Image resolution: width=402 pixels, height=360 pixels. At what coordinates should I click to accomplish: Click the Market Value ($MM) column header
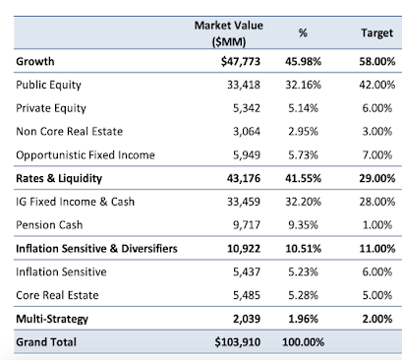click(x=229, y=33)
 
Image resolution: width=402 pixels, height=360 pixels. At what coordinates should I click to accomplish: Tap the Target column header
click(x=376, y=32)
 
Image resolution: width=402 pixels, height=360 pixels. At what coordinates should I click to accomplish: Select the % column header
click(x=303, y=32)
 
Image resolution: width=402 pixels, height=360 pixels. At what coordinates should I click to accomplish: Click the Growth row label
click(x=35, y=61)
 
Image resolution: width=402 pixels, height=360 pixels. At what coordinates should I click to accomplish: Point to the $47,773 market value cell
click(x=241, y=61)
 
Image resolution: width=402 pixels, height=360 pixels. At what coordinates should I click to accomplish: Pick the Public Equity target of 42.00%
click(x=377, y=85)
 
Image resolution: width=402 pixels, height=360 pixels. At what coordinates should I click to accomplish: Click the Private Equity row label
click(x=51, y=108)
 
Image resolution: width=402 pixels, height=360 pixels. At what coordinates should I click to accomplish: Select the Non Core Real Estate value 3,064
click(x=247, y=132)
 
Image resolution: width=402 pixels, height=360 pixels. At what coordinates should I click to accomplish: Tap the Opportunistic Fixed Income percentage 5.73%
click(x=303, y=155)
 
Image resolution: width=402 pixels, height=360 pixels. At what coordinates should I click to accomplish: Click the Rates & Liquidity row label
click(x=59, y=178)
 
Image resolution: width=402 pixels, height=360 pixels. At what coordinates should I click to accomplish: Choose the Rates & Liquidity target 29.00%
click(x=377, y=178)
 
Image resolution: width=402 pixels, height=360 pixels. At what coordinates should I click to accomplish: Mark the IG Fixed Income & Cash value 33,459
click(x=244, y=202)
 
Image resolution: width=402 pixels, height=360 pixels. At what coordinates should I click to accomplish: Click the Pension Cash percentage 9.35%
click(x=303, y=225)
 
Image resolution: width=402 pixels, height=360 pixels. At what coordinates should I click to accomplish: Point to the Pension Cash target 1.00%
click(x=377, y=225)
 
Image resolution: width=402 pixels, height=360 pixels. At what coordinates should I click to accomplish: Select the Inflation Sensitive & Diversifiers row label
click(x=96, y=249)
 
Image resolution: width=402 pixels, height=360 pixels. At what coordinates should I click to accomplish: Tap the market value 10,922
click(x=244, y=249)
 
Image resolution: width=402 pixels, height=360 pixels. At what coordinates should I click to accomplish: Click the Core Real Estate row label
click(x=57, y=295)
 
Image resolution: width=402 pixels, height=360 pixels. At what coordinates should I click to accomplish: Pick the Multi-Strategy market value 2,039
click(x=247, y=319)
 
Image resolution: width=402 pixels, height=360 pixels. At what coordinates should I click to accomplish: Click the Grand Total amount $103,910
click(x=238, y=342)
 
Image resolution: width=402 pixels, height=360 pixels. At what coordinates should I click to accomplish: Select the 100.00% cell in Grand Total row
click(x=303, y=342)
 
